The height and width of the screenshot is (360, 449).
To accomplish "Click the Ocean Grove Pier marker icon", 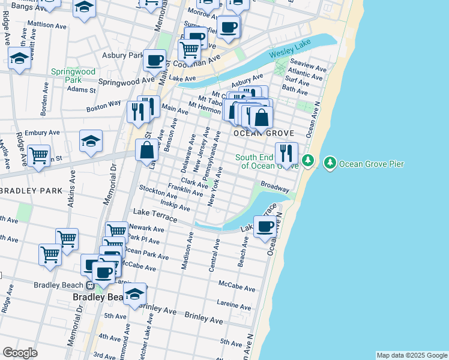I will pyautogui.click(x=330, y=163).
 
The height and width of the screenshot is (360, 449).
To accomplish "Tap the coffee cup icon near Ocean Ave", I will pyautogui.click(x=265, y=227).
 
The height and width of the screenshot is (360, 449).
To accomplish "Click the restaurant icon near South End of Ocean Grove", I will pyautogui.click(x=286, y=154).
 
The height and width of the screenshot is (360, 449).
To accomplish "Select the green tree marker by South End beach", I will pyautogui.click(x=308, y=161).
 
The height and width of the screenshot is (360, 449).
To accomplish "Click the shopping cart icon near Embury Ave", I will pyautogui.click(x=38, y=155).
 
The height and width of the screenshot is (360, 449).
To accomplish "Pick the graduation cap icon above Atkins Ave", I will pyautogui.click(x=91, y=141).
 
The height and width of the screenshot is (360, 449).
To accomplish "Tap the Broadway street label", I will pyautogui.click(x=275, y=187).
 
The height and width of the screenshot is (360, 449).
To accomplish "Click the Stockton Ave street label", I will pyautogui.click(x=158, y=191).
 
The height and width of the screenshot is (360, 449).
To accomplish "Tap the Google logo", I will pyautogui.click(x=20, y=353).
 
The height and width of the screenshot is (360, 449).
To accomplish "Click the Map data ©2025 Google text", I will pyautogui.click(x=412, y=355).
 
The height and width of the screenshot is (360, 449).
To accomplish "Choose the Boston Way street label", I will pyautogui.click(x=104, y=106).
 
